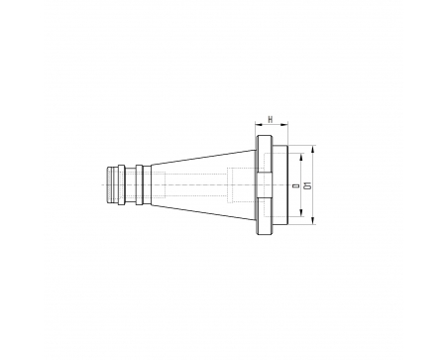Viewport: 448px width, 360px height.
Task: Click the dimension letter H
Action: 271,120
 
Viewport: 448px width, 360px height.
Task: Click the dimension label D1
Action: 309,185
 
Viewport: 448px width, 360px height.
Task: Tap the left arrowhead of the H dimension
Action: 258,125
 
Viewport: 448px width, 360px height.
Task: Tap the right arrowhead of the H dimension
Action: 284,125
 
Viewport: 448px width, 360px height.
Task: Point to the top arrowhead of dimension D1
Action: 313,149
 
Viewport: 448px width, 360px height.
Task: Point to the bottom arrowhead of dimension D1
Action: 313,221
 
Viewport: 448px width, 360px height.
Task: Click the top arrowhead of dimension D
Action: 301,157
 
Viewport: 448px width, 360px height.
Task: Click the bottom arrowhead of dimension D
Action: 301,213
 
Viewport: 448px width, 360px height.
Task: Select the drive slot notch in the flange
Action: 265,185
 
